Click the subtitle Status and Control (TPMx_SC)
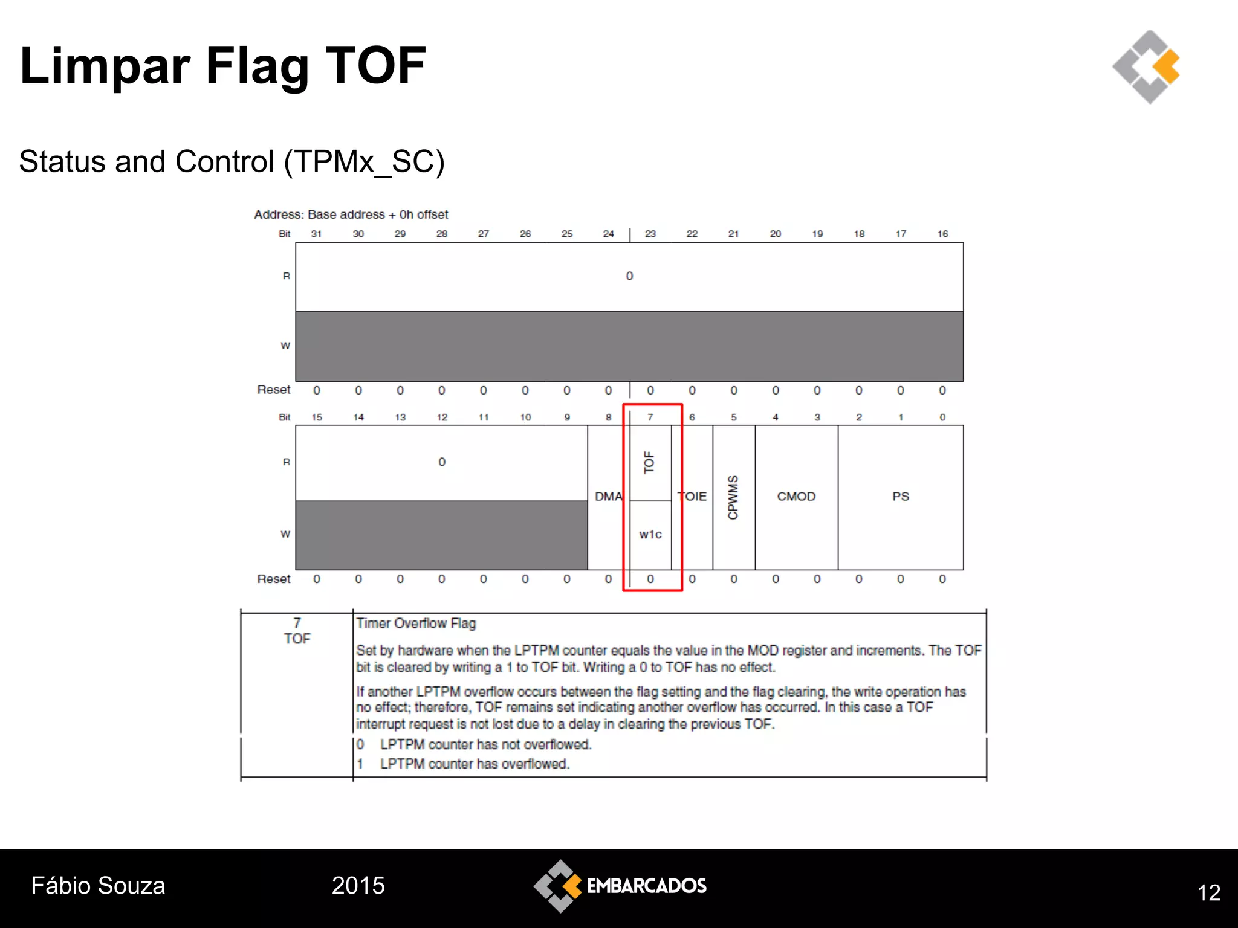[x=232, y=162]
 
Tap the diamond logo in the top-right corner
[x=1146, y=66]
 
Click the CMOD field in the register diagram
[x=796, y=497]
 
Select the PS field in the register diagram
[x=900, y=497]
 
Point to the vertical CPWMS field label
[x=733, y=497]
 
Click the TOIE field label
[x=693, y=497]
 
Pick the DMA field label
[x=608, y=497]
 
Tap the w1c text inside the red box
[x=650, y=535]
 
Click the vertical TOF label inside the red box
[x=649, y=463]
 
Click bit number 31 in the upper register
[x=316, y=234]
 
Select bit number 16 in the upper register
[x=942, y=234]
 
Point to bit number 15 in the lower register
[x=316, y=417]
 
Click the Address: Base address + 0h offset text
[x=351, y=214]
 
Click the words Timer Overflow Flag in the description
[x=416, y=623]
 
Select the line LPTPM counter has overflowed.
[x=475, y=764]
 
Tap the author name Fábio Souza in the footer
[x=98, y=886]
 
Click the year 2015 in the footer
[x=358, y=886]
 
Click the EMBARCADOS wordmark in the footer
[x=646, y=886]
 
